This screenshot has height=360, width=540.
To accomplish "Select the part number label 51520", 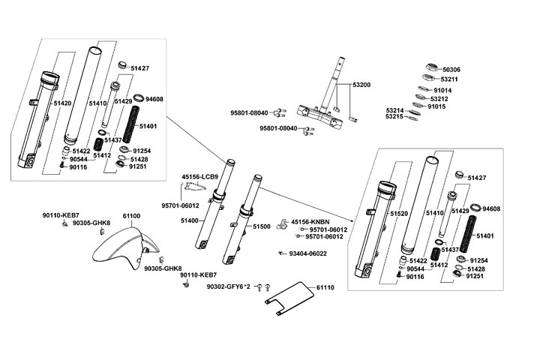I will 397,214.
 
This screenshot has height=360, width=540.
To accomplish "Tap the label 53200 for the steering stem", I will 361,85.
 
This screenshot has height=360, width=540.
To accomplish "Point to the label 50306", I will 451,69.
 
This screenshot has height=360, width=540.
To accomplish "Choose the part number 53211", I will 450,79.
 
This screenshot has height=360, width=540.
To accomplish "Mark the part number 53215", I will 394,117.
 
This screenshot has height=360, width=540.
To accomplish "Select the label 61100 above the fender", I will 131,216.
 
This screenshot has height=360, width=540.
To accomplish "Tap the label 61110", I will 325,287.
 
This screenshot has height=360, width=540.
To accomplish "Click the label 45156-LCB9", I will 199,177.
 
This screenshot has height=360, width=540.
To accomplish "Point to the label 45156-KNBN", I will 310,222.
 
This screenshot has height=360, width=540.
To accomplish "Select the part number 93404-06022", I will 307,253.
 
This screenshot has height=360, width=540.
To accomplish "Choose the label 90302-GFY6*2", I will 229,287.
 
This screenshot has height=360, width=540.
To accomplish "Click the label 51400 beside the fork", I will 189,220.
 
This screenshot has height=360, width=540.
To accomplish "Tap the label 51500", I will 261,226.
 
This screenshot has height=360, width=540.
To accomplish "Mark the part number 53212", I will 439,98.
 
